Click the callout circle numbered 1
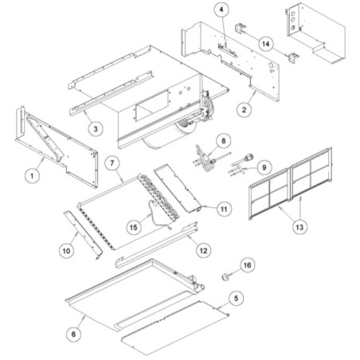[32, 176]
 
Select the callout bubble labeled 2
[245, 109]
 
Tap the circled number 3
[96, 129]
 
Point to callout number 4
[221, 10]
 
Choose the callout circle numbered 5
[236, 299]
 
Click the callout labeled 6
[73, 334]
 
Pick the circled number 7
[112, 162]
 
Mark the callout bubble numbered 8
[223, 141]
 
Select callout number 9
[264, 167]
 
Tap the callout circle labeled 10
[66, 251]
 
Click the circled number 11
[224, 209]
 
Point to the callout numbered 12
[203, 250]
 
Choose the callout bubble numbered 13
[299, 227]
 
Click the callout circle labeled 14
[266, 44]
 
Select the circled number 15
[134, 227]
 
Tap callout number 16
[247, 265]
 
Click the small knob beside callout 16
[225, 276]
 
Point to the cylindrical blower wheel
[169, 134]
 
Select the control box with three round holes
[316, 33]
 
